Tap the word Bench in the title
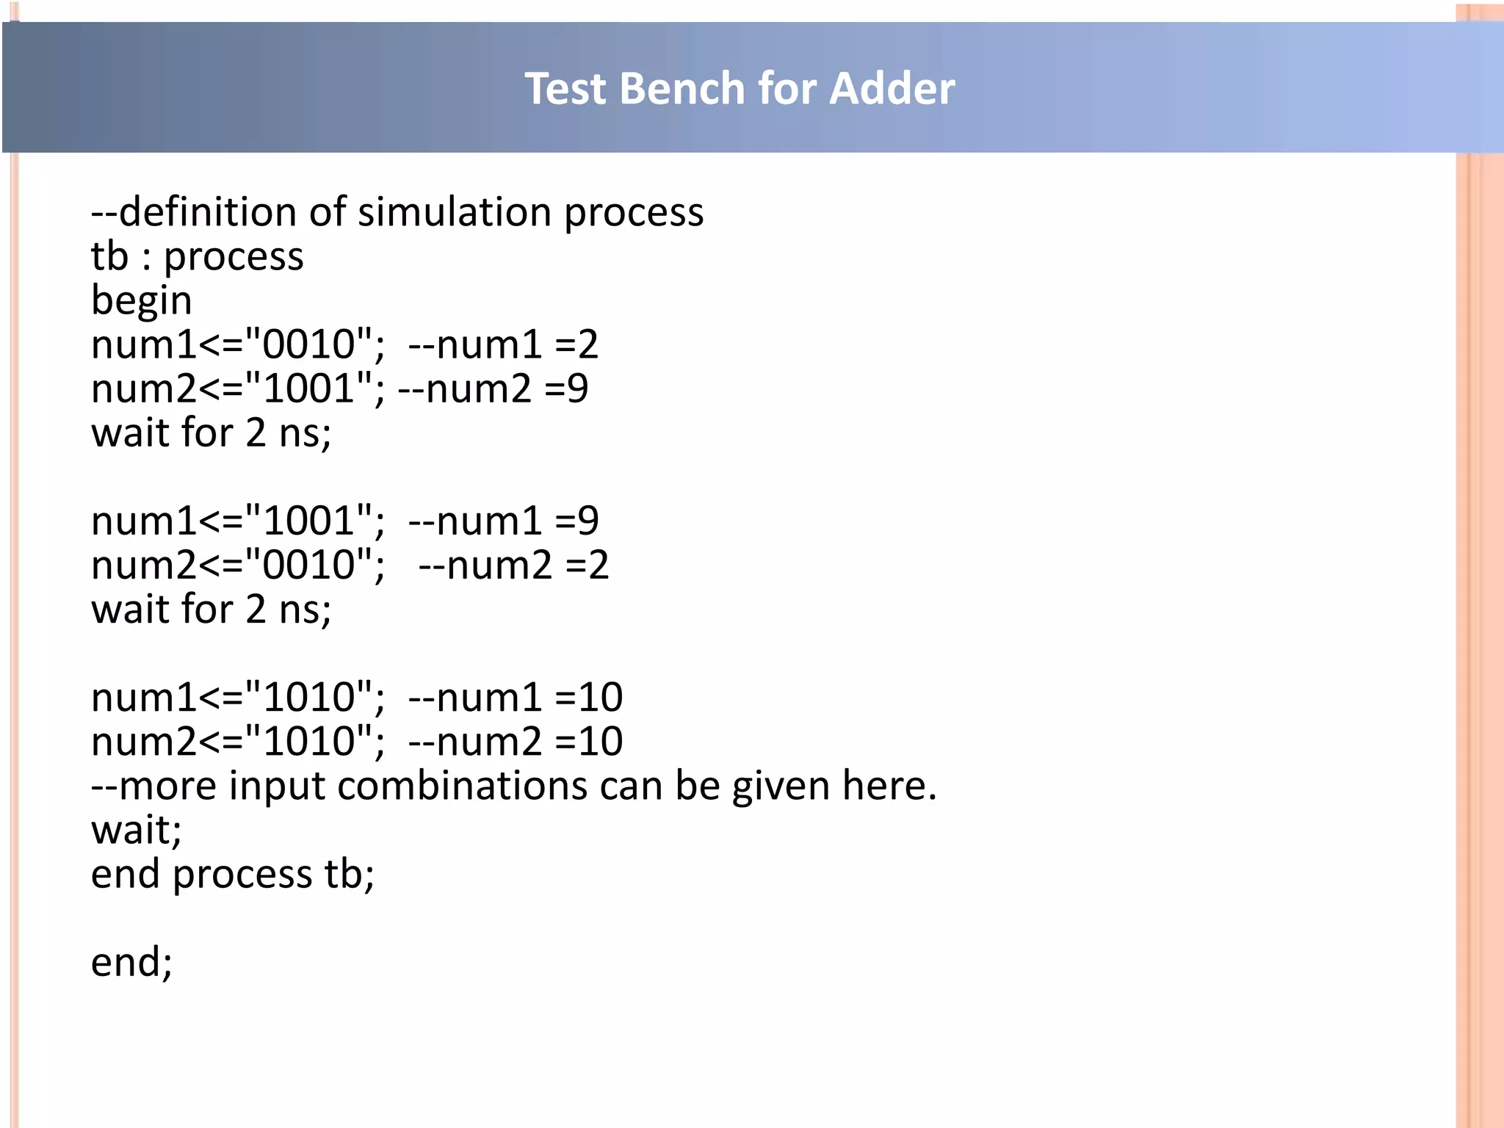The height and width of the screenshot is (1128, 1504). pos(681,89)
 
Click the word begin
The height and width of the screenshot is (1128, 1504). pos(141,301)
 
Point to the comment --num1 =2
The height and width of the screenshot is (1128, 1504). pos(503,344)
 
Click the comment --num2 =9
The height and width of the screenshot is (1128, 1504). pos(493,388)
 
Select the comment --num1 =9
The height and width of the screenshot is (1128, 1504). pos(503,521)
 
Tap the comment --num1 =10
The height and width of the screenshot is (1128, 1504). pos(515,697)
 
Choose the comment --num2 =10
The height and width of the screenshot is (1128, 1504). pos(515,741)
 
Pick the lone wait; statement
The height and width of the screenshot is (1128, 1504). pos(136,830)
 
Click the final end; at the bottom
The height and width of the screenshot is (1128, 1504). pos(131,962)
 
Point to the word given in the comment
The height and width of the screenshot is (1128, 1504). pos(780,786)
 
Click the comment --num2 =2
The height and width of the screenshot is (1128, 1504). pos(513,565)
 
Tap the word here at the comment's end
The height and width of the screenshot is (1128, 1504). pos(887,786)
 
